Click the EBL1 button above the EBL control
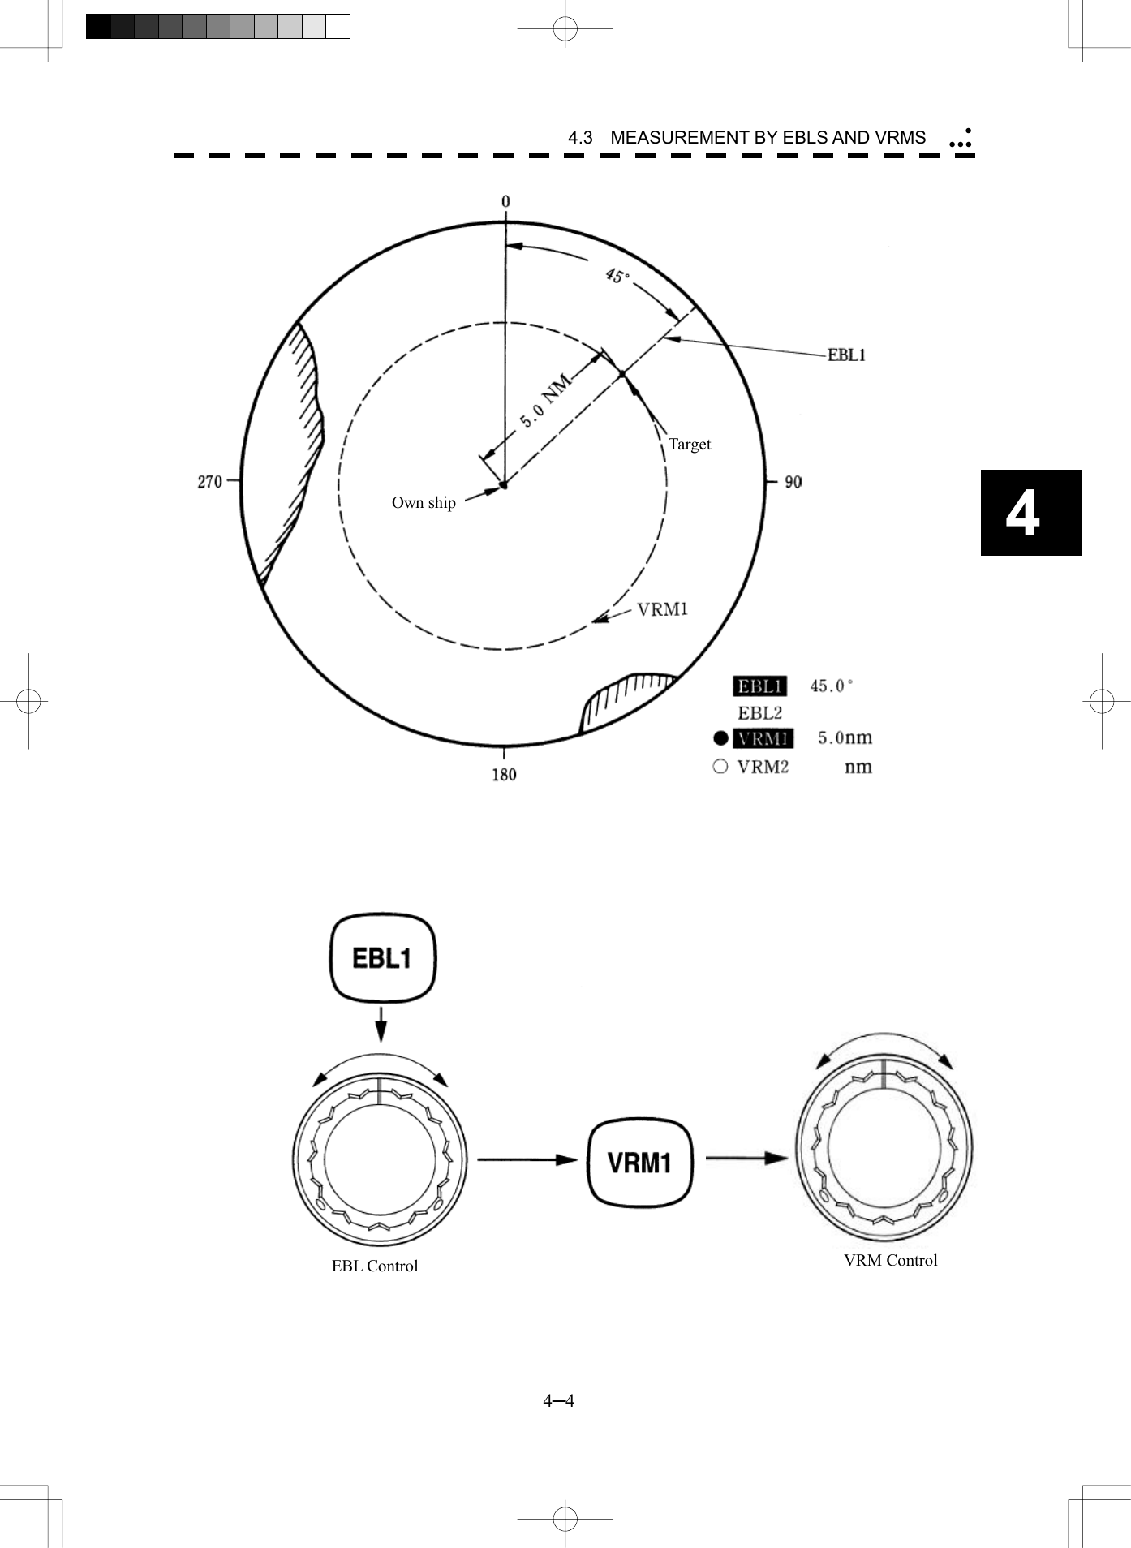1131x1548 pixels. [382, 958]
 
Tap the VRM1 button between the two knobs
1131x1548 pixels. [639, 1163]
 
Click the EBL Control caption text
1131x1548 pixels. [374, 1266]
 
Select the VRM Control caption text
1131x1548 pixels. [890, 1260]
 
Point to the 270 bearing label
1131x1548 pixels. [209, 481]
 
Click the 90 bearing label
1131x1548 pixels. [793, 482]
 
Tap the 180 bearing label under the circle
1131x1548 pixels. [504, 775]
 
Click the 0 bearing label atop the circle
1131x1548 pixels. [505, 202]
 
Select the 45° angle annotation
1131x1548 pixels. [617, 277]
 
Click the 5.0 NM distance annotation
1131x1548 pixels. [546, 401]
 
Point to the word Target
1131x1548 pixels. [689, 444]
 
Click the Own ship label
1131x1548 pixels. [424, 503]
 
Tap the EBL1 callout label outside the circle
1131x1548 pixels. [846, 355]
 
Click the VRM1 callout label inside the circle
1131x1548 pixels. [662, 609]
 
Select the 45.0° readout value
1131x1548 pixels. [832, 686]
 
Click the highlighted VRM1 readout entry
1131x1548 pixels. [763, 738]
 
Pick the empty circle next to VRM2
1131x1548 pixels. [720, 766]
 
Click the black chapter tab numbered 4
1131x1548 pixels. [1030, 513]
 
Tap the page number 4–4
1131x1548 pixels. [559, 1400]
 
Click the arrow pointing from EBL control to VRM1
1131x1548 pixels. [527, 1159]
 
